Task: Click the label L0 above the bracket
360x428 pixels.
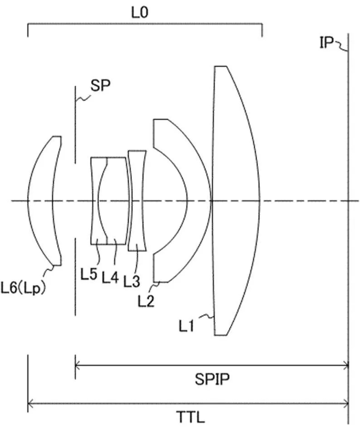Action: [140, 12]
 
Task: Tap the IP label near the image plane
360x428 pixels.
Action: [326, 43]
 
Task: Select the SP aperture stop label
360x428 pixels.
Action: [101, 85]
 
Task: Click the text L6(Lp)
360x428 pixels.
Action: [23, 288]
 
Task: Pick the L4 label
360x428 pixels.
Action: [111, 278]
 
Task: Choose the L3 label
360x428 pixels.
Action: [132, 281]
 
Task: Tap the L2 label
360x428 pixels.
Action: [146, 300]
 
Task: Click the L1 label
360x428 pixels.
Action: [186, 325]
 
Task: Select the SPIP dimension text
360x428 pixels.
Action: [212, 379]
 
